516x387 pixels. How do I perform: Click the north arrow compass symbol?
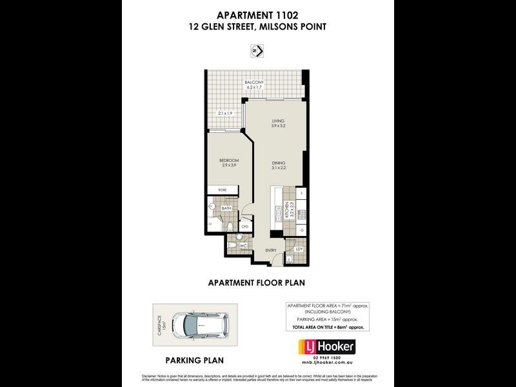258,50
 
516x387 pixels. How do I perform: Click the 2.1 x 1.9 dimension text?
224,114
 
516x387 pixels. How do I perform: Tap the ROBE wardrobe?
223,190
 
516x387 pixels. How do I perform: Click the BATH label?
226,208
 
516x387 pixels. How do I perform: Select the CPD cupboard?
245,227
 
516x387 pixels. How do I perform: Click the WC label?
243,246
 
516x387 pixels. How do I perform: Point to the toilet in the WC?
232,246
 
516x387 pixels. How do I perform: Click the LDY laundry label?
299,248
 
